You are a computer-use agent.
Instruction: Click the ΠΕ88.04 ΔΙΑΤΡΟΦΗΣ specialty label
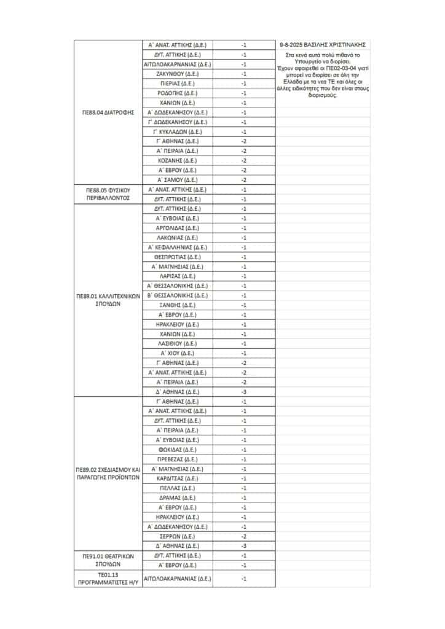click(x=108, y=112)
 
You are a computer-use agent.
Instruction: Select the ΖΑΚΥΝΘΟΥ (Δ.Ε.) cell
click(x=177, y=74)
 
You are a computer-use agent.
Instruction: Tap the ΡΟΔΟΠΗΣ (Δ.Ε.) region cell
click(x=177, y=93)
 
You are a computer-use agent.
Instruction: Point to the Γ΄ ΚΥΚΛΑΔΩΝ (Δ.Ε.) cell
click(x=177, y=131)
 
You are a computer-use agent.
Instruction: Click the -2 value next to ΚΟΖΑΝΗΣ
click(x=243, y=160)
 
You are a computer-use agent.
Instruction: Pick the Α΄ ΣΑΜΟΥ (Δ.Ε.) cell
click(x=177, y=180)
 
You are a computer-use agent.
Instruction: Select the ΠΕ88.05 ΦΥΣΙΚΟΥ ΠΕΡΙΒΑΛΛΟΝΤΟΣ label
click(x=108, y=194)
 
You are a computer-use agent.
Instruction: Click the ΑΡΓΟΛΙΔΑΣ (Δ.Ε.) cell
click(x=177, y=228)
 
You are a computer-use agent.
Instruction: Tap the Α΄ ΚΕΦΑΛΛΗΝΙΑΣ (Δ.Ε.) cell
click(x=177, y=247)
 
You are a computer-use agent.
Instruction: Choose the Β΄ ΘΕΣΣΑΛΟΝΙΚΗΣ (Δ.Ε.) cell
click(x=177, y=295)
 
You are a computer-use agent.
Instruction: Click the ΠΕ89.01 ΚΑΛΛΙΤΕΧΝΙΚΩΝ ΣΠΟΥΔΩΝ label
click(x=108, y=300)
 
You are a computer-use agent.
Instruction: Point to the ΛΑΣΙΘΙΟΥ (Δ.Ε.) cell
click(x=177, y=343)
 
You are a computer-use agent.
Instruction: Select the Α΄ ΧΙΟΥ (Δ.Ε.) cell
click(x=177, y=353)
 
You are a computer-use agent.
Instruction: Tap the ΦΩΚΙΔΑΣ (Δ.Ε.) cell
click(x=177, y=450)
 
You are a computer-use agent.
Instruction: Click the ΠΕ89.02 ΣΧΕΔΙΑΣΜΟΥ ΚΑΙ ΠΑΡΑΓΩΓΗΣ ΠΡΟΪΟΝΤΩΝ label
click(x=108, y=473)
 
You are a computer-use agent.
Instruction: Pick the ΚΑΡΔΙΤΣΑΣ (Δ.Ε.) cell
click(x=177, y=479)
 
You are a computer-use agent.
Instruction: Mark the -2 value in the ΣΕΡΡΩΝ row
click(x=243, y=536)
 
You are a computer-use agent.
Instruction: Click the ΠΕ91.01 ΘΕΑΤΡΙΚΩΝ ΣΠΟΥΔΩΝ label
click(x=108, y=560)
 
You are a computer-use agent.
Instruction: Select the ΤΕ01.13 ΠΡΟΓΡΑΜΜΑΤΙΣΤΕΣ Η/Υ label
click(x=108, y=578)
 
